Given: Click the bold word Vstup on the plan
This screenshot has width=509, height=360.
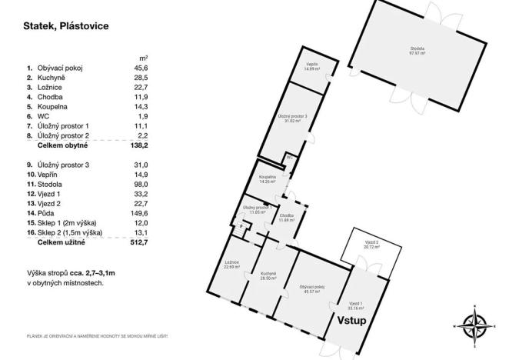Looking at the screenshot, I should (351, 319).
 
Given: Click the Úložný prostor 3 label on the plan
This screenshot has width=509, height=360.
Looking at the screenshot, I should (292, 118).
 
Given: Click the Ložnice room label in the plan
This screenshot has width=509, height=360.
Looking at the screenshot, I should (233, 265).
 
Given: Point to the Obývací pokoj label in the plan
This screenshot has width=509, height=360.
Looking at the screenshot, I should (312, 289).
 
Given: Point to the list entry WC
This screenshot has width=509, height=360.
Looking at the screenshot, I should (42, 115).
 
